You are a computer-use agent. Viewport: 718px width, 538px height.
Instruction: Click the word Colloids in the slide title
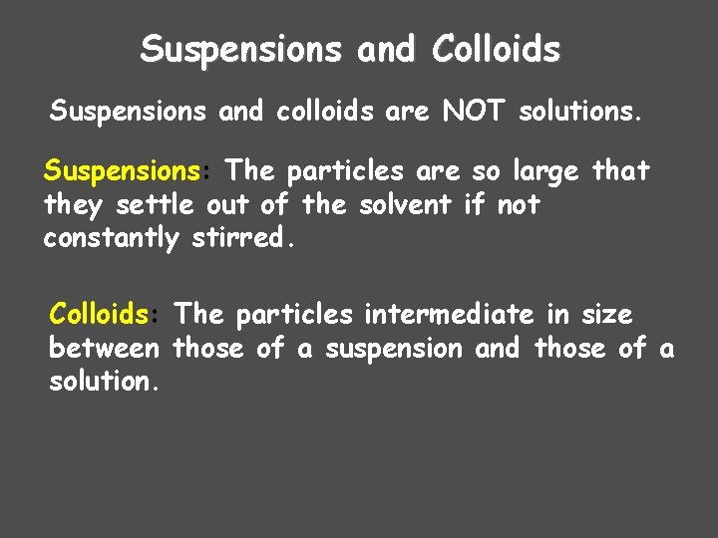[497, 48]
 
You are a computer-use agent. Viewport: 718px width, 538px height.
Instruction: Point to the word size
[607, 315]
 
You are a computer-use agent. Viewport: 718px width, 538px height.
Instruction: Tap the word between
[103, 349]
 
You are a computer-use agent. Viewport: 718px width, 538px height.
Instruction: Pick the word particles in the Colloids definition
[292, 315]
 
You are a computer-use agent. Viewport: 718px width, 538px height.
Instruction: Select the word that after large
[620, 172]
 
